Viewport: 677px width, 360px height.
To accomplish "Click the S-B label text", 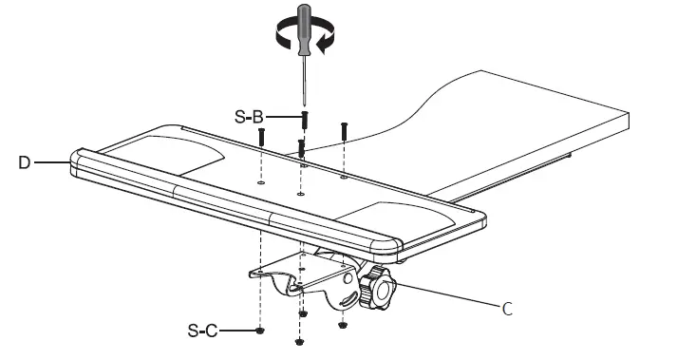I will point(249,117).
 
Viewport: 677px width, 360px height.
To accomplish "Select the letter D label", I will point(24,162).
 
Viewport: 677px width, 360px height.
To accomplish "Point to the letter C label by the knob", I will point(507,307).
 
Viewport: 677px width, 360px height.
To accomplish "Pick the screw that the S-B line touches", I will point(304,121).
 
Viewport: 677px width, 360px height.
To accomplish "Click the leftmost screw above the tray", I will point(260,137).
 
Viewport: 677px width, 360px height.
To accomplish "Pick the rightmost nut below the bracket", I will point(343,325).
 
